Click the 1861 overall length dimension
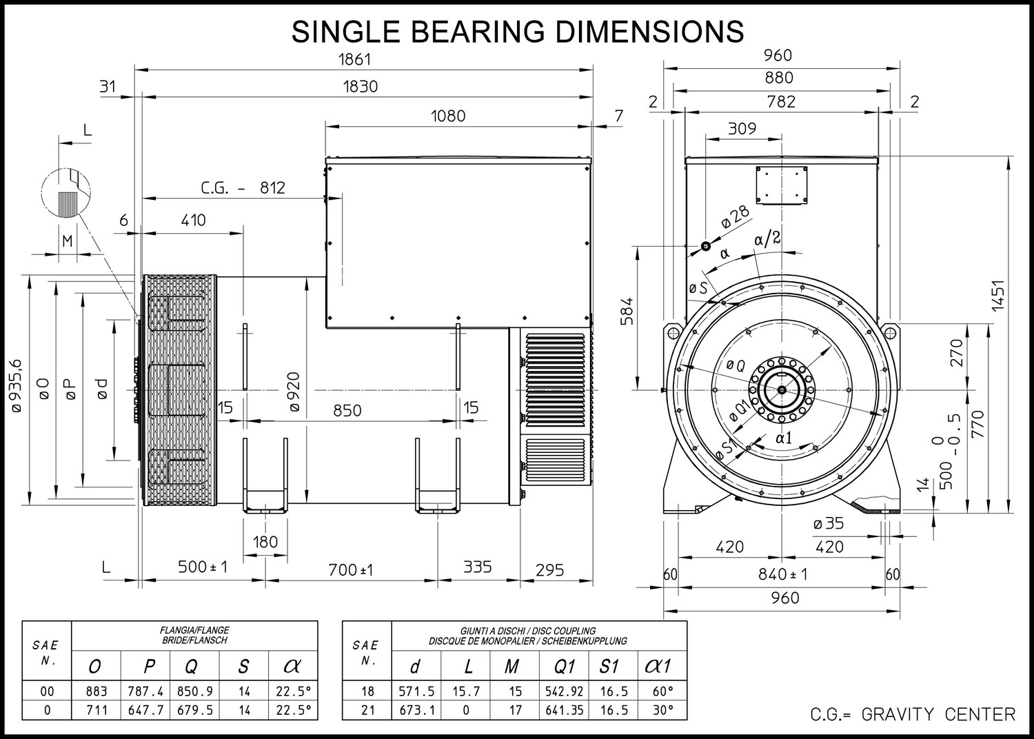click(x=354, y=59)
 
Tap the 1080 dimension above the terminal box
click(x=448, y=116)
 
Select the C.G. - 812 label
click(x=243, y=188)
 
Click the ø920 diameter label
click(x=294, y=392)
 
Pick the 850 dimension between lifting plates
click(x=347, y=410)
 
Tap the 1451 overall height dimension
click(x=998, y=296)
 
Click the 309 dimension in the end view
click(x=742, y=128)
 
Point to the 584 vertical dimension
click(x=627, y=312)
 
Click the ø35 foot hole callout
click(x=829, y=523)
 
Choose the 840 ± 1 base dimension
click(x=783, y=574)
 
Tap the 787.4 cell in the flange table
click(x=146, y=691)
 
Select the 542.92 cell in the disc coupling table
click(x=565, y=691)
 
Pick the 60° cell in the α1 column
click(x=663, y=691)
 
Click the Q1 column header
click(x=564, y=666)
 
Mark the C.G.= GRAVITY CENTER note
click(x=913, y=715)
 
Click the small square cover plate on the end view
click(x=782, y=185)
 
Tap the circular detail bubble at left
click(x=66, y=193)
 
